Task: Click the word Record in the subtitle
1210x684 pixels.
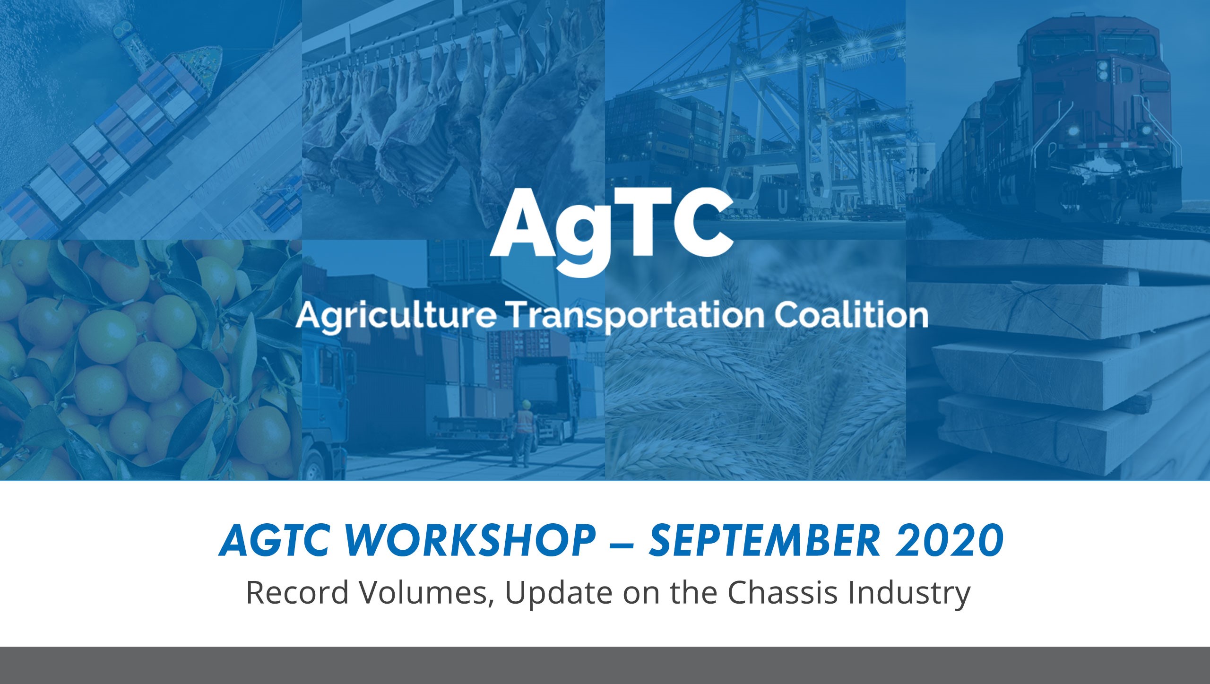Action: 297,592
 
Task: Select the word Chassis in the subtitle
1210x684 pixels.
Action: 782,592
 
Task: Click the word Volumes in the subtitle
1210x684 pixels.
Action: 425,592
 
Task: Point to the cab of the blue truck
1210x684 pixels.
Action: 326,378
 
